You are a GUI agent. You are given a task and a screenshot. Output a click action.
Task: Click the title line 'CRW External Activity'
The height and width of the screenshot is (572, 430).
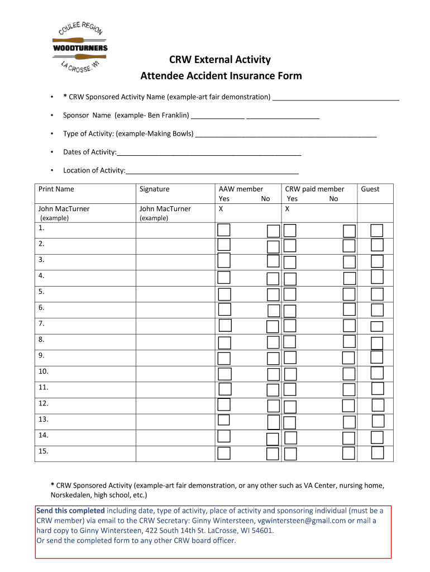(x=221, y=60)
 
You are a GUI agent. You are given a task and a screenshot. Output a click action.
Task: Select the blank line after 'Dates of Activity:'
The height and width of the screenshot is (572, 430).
(x=209, y=154)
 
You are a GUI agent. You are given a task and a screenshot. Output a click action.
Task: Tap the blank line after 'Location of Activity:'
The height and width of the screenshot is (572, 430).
(x=212, y=173)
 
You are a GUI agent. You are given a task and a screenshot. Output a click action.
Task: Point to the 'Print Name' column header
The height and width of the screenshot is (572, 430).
(x=56, y=189)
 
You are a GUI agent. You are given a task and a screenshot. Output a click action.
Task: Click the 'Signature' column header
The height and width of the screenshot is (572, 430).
(x=154, y=189)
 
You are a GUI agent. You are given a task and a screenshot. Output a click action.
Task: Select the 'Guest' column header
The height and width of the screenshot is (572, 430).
(x=370, y=189)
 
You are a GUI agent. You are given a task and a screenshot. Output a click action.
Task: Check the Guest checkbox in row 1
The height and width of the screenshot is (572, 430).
(x=377, y=231)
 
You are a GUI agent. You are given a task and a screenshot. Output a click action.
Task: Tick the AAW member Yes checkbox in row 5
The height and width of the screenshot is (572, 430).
(x=224, y=294)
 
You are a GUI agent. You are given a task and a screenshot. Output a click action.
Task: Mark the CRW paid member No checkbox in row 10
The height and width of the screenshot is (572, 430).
(x=348, y=374)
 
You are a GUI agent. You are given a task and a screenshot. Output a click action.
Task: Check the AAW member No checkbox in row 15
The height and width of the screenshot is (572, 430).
(x=273, y=454)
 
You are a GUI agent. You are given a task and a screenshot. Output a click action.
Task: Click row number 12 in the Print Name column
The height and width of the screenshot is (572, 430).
(x=44, y=403)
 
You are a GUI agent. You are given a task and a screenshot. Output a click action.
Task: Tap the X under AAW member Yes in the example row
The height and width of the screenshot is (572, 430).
(x=221, y=209)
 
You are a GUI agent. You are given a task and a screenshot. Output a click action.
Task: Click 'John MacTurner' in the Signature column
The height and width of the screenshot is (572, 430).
(x=165, y=209)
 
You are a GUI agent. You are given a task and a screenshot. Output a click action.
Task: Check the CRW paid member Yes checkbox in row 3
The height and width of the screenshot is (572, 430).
(x=290, y=261)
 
